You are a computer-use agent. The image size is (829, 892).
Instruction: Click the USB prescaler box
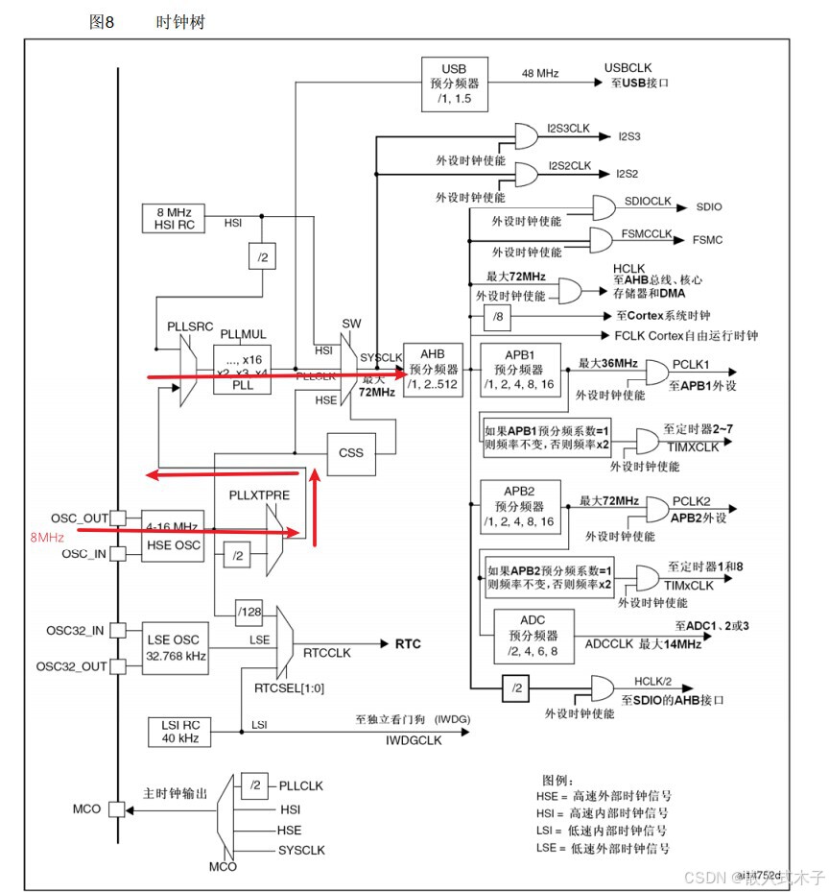point(454,84)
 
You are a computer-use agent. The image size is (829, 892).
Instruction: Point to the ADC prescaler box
point(533,634)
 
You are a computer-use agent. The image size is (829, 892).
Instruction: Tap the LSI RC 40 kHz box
point(174,731)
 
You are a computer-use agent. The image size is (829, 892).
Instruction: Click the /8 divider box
point(496,316)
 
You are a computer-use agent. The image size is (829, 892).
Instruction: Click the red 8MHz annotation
point(47,538)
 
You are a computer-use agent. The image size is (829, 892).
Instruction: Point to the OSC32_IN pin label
point(76,631)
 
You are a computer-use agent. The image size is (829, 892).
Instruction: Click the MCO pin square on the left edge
point(116,809)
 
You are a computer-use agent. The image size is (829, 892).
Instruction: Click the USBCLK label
point(628,68)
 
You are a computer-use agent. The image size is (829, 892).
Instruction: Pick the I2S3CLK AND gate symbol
point(528,135)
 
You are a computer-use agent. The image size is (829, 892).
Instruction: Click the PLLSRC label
point(189,327)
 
